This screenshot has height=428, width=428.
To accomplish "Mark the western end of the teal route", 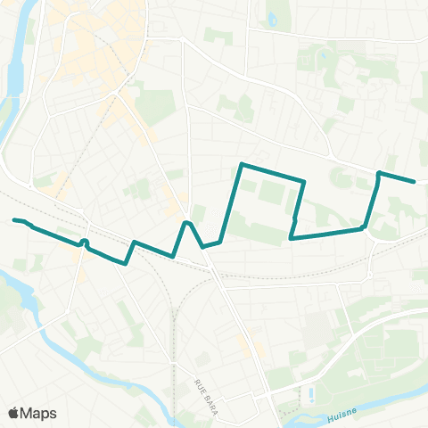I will point(14,219).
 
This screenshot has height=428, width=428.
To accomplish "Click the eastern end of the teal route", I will point(414,182).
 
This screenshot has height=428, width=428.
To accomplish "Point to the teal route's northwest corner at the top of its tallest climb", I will point(243,164).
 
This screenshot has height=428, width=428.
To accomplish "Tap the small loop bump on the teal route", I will point(84,242).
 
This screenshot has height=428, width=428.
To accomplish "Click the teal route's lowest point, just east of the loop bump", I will point(125,263).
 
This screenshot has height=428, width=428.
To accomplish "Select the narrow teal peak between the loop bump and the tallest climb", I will point(186,222).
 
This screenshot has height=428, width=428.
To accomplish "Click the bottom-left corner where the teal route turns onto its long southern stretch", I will point(292,238).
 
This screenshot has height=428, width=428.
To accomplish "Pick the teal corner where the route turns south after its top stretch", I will point(305,182).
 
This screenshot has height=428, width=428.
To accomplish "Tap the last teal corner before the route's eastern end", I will point(380,172).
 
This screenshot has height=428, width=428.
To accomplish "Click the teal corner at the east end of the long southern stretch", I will point(364,228).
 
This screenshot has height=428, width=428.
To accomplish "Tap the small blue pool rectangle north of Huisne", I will point(309,392).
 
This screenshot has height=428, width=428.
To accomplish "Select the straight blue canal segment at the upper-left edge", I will point(14,76).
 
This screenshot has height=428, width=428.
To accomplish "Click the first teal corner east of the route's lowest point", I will point(134,242).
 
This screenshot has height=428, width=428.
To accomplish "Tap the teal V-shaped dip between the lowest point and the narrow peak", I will point(172,257).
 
